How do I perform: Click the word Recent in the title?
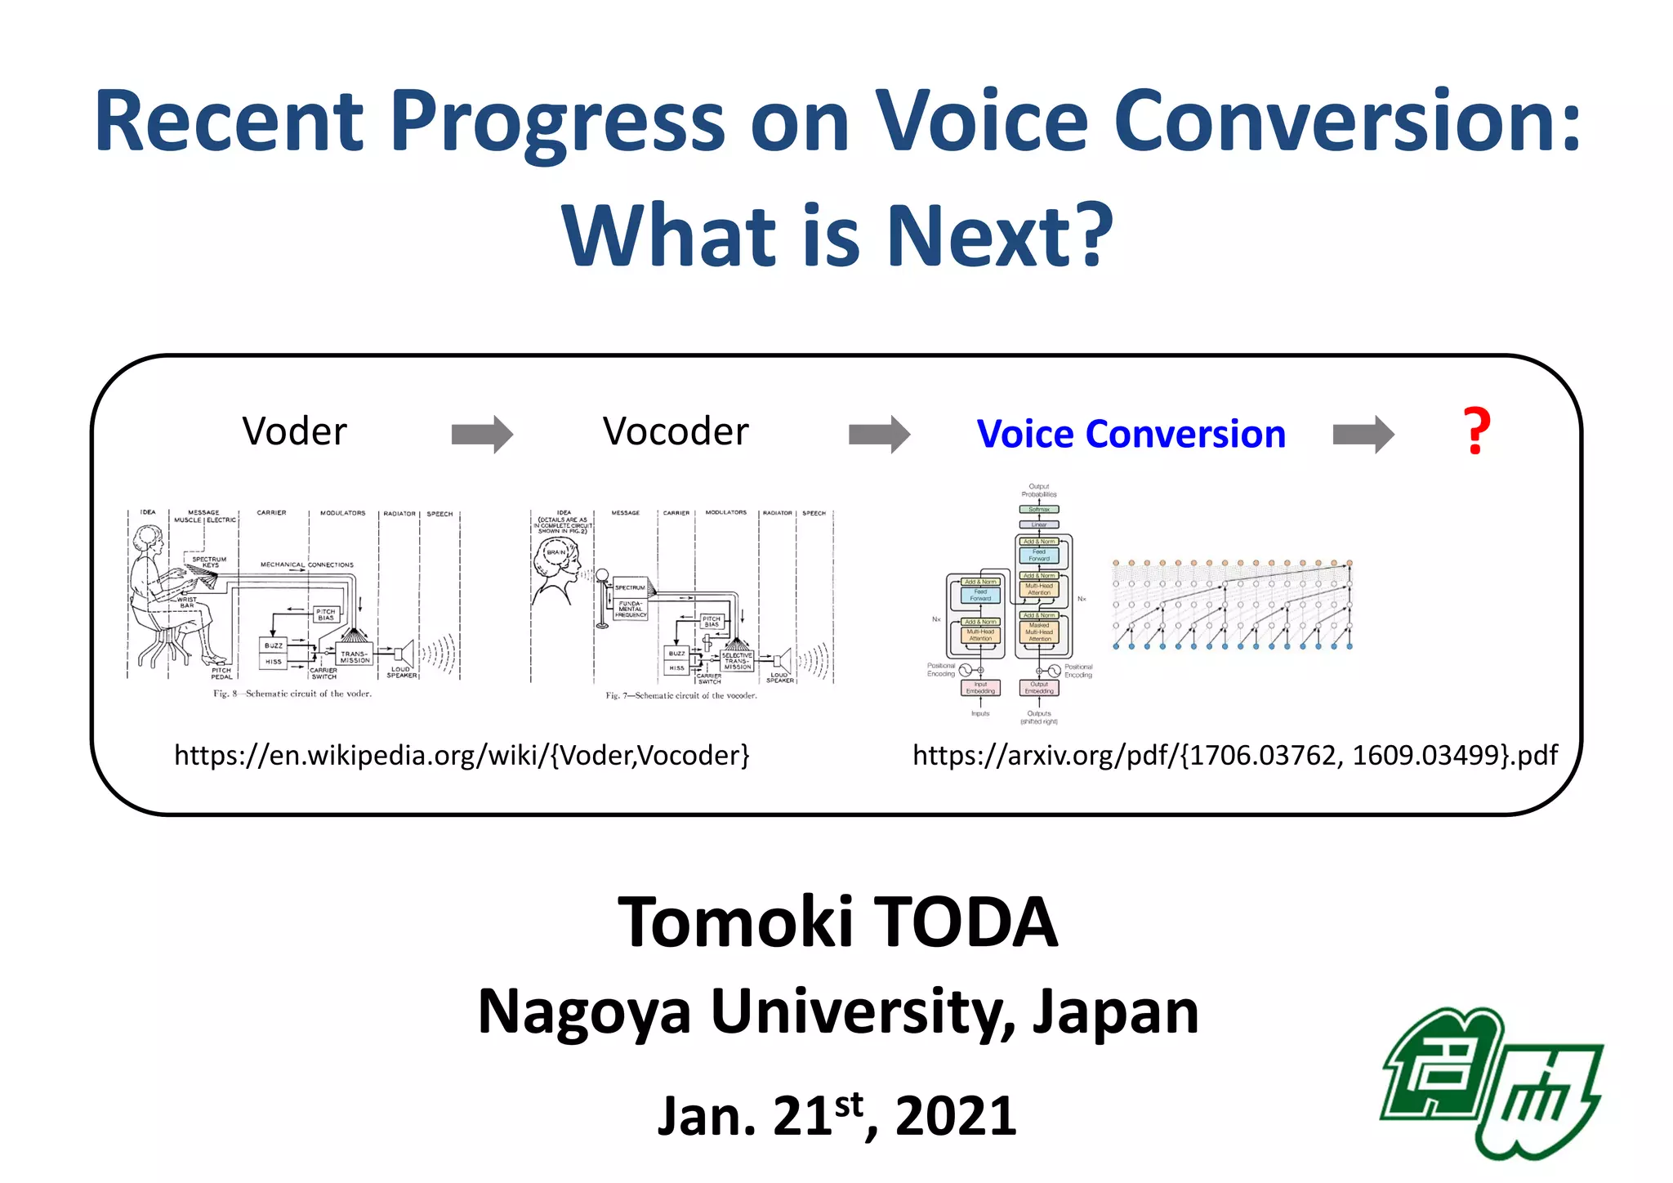click(x=229, y=123)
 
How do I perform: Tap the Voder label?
click(x=294, y=431)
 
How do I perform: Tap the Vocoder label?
click(x=676, y=431)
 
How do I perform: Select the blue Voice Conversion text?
click(x=1131, y=434)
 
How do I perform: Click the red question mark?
click(x=1476, y=431)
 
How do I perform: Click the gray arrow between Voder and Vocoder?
click(x=482, y=434)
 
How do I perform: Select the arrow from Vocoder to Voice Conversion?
click(x=879, y=434)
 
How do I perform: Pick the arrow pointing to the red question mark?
click(x=1363, y=434)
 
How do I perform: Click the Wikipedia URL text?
click(x=462, y=755)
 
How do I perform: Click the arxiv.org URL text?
click(x=1235, y=755)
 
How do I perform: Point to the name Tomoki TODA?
click(x=837, y=922)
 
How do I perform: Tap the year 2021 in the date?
click(x=956, y=1116)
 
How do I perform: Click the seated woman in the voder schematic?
click(x=167, y=596)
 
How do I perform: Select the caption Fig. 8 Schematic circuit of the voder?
click(x=292, y=694)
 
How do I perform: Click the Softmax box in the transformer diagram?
click(x=1039, y=509)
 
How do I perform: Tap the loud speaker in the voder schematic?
click(x=404, y=654)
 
